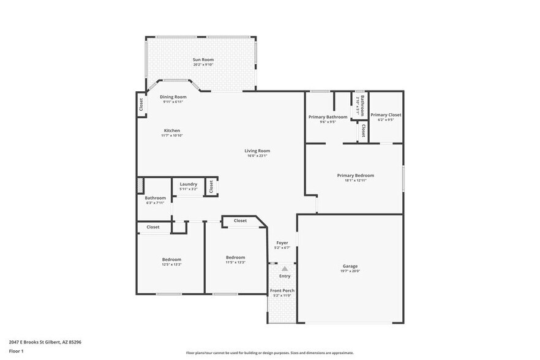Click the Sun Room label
click(x=203, y=59)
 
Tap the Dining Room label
click(x=173, y=97)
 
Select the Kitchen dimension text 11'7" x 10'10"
click(x=172, y=135)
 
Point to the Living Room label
click(x=257, y=151)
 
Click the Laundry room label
click(x=188, y=184)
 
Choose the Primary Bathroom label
click(x=328, y=117)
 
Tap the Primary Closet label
click(x=386, y=115)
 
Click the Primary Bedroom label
click(x=355, y=175)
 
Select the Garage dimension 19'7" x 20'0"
click(x=350, y=271)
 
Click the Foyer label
click(x=282, y=243)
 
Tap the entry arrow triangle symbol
click(x=285, y=268)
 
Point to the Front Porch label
click(x=282, y=290)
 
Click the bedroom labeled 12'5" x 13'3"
click(x=171, y=260)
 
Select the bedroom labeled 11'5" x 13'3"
click(x=235, y=258)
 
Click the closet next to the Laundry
click(x=211, y=186)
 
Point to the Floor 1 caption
click(x=16, y=351)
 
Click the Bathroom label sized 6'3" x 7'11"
click(x=155, y=198)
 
